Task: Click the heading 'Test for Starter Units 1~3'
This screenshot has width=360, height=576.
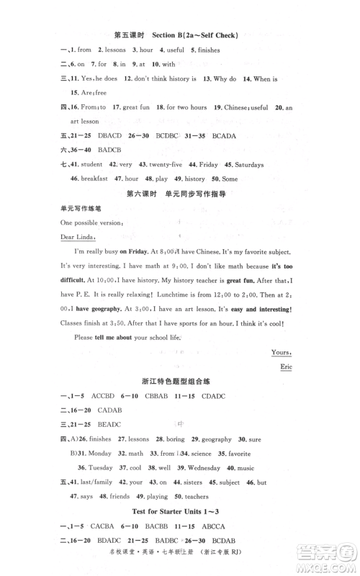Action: [179, 513]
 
